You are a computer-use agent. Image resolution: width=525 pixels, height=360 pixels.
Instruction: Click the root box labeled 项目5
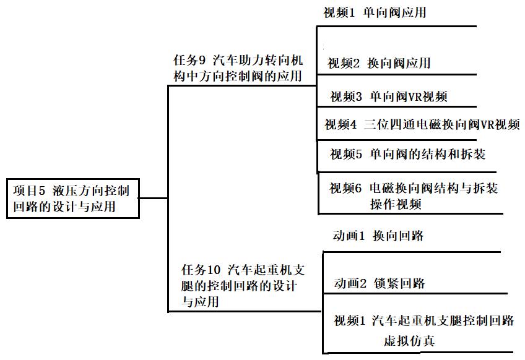[x=74, y=198]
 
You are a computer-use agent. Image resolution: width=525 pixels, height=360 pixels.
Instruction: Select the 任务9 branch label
[x=238, y=68]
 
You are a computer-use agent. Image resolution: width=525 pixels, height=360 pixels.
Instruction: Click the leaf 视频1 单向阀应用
[x=375, y=13]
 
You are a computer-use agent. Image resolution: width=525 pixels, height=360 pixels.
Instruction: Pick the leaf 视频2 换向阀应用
[x=378, y=63]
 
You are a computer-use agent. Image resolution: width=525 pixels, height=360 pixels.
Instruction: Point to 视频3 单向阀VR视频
[x=388, y=96]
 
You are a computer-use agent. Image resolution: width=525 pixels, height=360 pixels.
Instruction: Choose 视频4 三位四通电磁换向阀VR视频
[x=422, y=125]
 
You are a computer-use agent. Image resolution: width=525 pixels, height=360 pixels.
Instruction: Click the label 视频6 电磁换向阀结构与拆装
[x=413, y=189]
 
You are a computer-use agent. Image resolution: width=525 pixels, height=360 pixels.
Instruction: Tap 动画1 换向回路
[x=378, y=236]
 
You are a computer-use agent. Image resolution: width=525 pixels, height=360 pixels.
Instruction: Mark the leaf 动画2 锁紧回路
[x=379, y=284]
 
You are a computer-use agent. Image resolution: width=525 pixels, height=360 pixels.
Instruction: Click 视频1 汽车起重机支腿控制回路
[x=423, y=321]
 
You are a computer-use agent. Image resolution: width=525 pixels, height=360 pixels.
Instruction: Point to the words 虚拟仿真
[x=409, y=341]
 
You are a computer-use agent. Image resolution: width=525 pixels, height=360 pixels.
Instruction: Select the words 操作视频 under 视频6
[x=396, y=205]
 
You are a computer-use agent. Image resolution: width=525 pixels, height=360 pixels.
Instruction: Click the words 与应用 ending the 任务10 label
[x=201, y=302]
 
